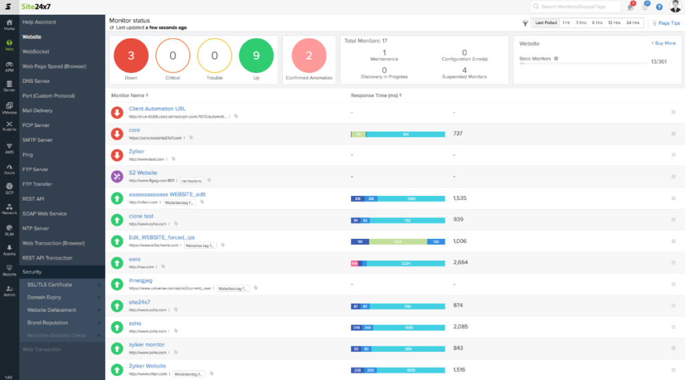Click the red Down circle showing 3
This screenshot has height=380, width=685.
point(130,56)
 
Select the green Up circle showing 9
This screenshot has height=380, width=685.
point(256,56)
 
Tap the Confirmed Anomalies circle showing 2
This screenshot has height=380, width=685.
point(309,56)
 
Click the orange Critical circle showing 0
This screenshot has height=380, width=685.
point(173,56)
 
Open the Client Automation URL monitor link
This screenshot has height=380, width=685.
point(157,108)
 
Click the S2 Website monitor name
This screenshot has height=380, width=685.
point(142,173)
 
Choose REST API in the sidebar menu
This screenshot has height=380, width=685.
point(33,199)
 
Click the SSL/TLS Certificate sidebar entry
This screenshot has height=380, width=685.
point(50,284)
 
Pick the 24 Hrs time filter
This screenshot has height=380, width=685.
point(632,23)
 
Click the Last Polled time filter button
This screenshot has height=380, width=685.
point(546,23)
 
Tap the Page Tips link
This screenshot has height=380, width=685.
point(668,23)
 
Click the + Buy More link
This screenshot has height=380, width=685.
point(663,43)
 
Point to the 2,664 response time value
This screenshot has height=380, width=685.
point(460,262)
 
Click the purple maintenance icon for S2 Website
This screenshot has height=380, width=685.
point(117,177)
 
